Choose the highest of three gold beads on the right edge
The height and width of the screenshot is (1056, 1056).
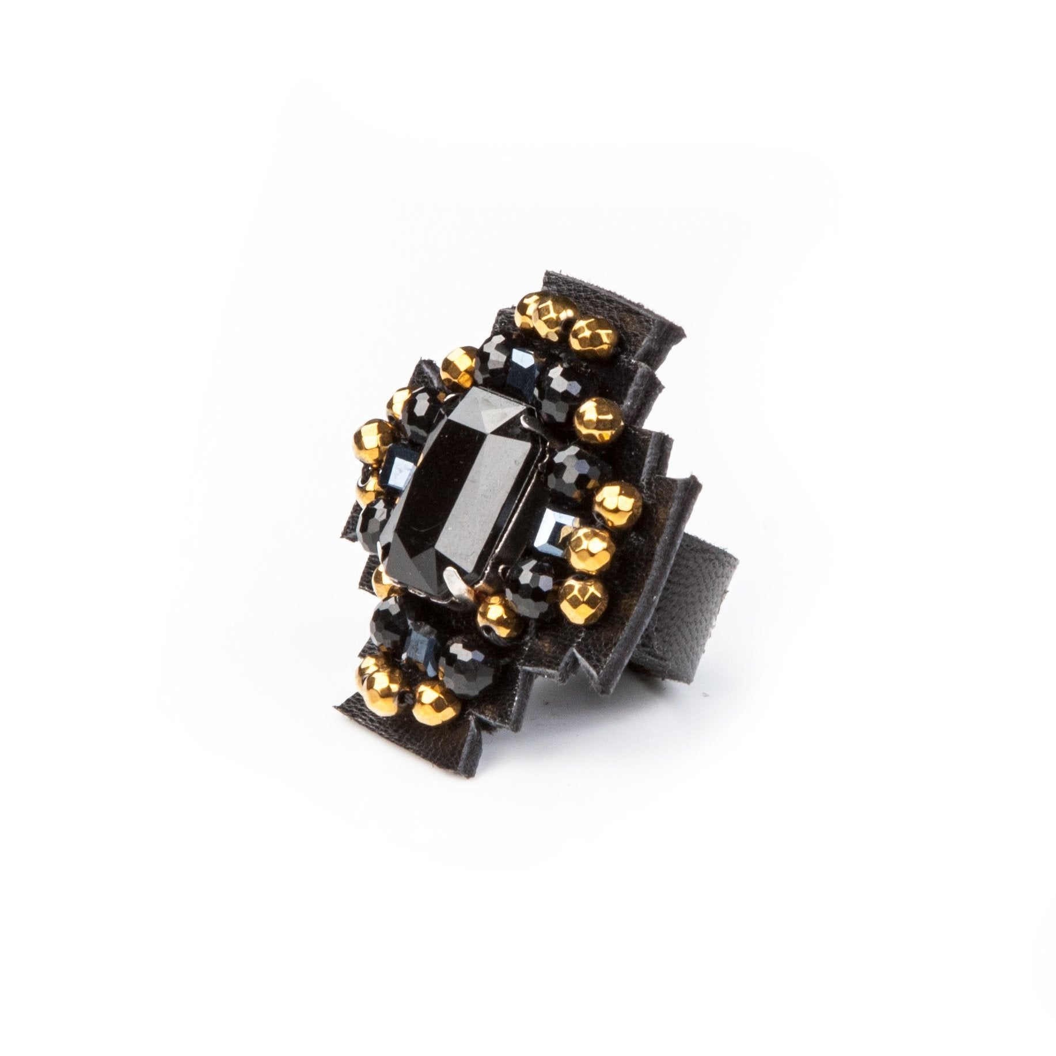tap(616, 498)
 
